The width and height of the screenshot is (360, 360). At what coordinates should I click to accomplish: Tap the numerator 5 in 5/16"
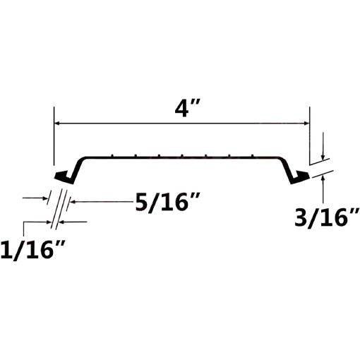pos(141,203)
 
